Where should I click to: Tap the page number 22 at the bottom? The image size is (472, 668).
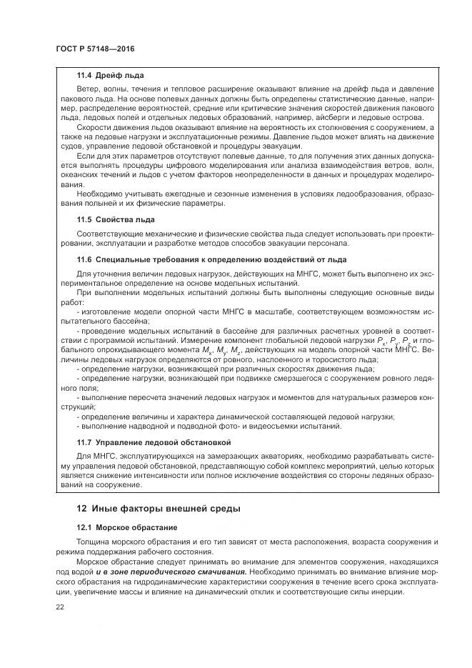pos(59,607)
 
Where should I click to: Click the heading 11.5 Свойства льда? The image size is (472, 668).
pos(116,219)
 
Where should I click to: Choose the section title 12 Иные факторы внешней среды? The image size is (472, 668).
pos(158,509)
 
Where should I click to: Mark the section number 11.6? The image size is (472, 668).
pos(86,259)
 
